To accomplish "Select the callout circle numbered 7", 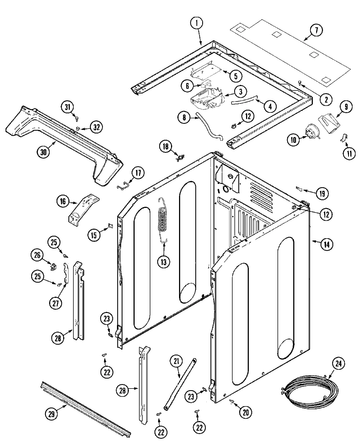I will point(316,30).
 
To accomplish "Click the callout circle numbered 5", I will point(236,76).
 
